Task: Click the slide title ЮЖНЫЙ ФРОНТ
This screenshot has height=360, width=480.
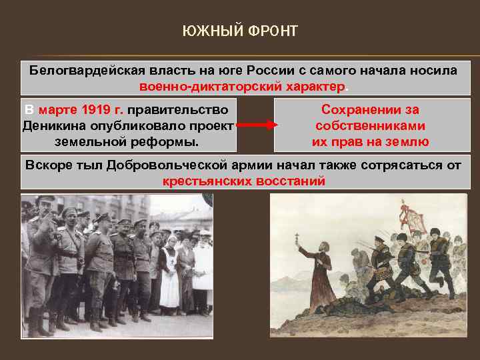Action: (x=240, y=31)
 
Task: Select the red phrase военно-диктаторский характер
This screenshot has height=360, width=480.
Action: (x=243, y=87)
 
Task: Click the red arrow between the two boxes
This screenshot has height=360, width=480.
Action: (x=255, y=125)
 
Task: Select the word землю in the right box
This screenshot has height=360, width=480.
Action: (x=407, y=141)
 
